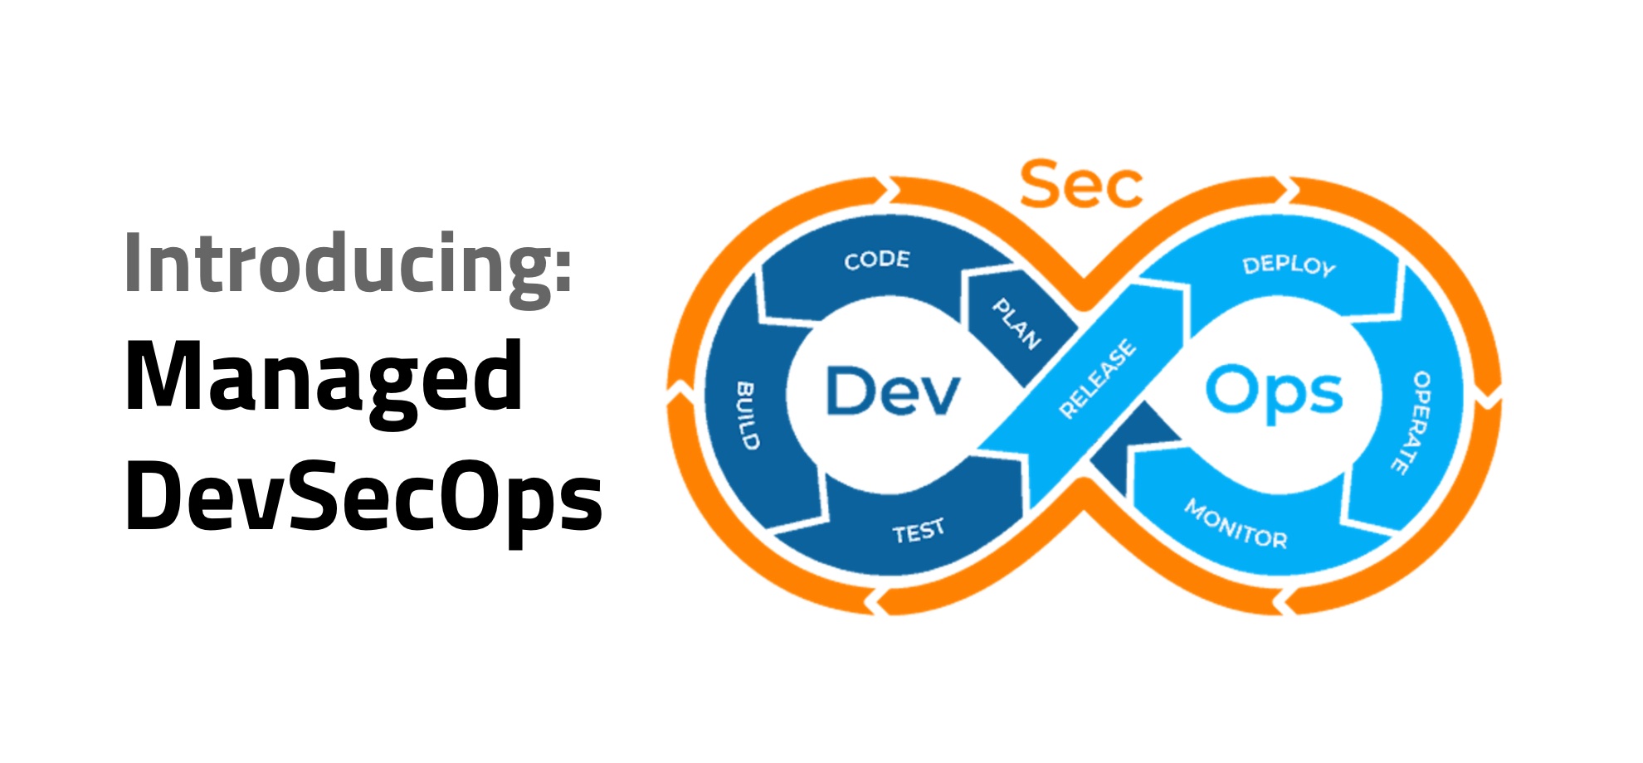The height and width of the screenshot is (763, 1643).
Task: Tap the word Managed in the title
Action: point(324,377)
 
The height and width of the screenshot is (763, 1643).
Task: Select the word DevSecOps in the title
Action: point(363,496)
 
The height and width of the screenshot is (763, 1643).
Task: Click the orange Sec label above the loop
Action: point(1080,186)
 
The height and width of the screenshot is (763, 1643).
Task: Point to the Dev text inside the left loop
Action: point(893,391)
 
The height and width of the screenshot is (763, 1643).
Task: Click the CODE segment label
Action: point(877,260)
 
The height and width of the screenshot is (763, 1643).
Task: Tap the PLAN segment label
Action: point(1017,323)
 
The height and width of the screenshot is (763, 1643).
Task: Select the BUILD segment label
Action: point(748,416)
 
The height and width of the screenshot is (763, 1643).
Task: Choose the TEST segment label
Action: point(919,531)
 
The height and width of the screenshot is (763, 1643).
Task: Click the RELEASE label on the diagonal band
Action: point(1097,378)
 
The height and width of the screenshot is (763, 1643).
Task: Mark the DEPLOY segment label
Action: point(1289,265)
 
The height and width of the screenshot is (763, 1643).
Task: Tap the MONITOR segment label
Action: point(1236,524)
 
